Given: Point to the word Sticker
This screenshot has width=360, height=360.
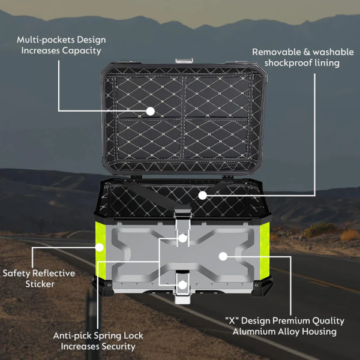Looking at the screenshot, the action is coord(40,284).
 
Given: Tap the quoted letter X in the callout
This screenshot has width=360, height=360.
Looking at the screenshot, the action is coord(232,320).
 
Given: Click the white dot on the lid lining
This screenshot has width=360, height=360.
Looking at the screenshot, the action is coord(151,112).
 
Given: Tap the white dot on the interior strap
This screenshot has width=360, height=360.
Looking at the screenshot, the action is coord(203,196).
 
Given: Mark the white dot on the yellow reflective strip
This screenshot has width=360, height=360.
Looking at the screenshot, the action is coord(100,247).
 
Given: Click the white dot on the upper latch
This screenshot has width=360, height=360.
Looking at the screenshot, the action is coord(183,238).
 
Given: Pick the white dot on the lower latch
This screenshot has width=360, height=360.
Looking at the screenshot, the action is coord(183,285).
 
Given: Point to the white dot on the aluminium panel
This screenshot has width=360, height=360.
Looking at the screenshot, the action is coord(223,256).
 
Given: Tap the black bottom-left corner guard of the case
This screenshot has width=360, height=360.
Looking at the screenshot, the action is coord(103,286).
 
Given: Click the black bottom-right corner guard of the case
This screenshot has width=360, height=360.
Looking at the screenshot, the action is coord(262,286).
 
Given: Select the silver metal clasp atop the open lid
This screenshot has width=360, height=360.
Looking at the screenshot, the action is coord(184,61).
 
